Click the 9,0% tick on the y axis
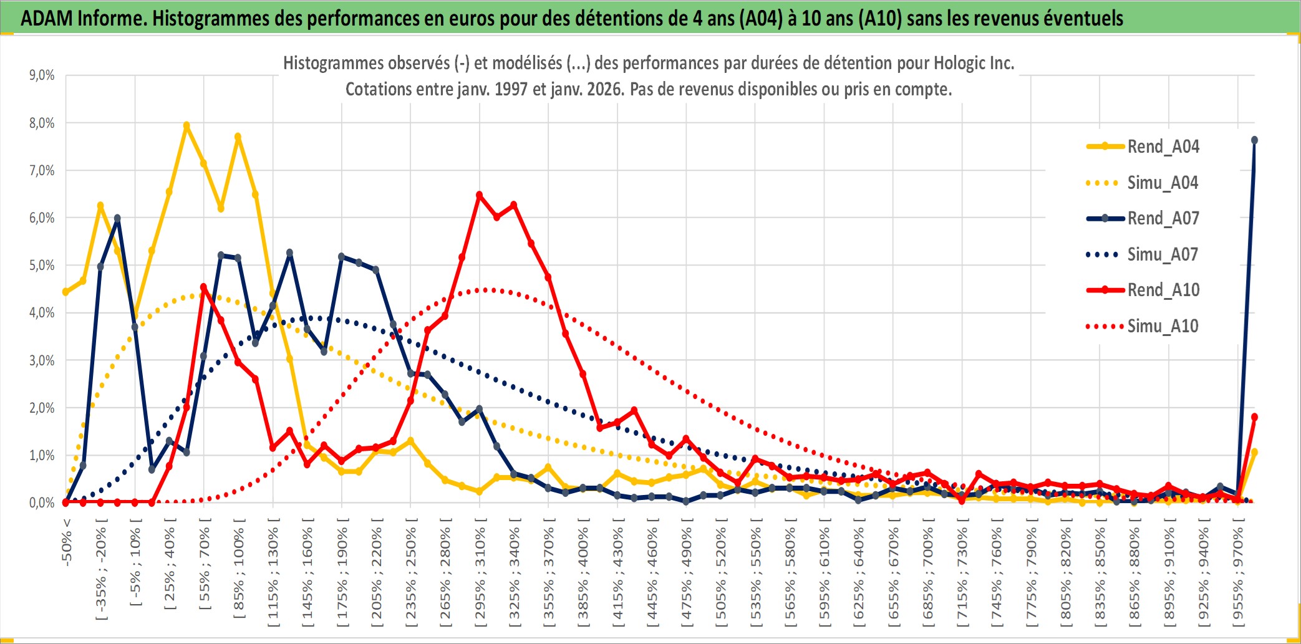(42, 75)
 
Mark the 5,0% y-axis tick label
(42, 266)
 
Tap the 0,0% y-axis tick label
(42, 502)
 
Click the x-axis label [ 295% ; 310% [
(480, 574)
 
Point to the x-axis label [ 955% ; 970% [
(1238, 574)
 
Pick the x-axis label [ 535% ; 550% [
(755, 574)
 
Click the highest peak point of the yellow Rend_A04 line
(186, 125)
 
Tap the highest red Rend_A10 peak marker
(479, 195)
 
